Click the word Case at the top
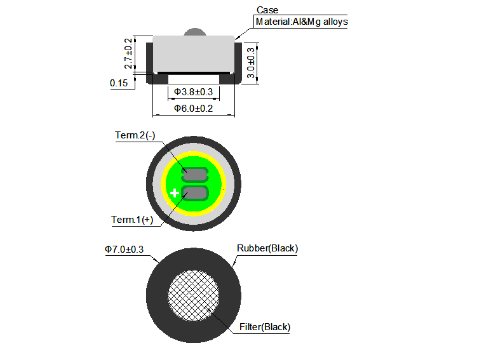(267, 10)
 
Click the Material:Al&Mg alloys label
(301, 22)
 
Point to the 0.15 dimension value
(118, 83)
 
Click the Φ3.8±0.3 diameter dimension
(193, 93)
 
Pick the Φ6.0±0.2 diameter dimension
(194, 109)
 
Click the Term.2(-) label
(135, 135)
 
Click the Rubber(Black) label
(267, 248)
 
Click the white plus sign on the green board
(175, 192)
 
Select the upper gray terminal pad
(195, 173)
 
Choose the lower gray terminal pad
(195, 193)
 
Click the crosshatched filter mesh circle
(193, 295)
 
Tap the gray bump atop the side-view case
(193, 32)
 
